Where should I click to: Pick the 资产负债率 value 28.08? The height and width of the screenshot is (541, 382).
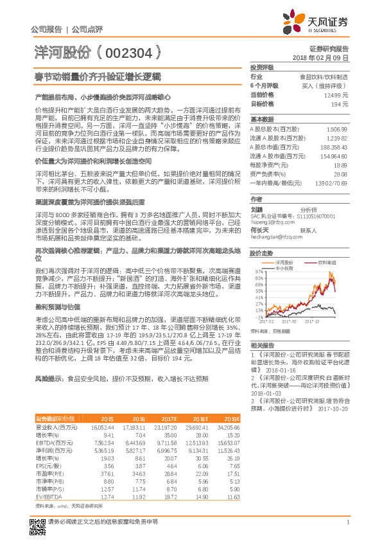tap(340, 174)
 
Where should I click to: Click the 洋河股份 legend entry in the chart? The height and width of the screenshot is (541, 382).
tap(287, 262)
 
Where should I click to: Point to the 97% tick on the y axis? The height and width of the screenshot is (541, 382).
tap(258, 272)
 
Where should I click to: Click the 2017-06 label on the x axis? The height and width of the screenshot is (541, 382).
tap(289, 320)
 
